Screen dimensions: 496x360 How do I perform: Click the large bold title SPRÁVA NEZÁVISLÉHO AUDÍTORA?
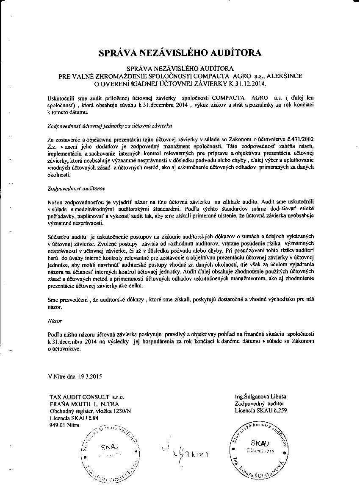click(180, 53)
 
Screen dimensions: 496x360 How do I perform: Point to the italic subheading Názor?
click(55, 321)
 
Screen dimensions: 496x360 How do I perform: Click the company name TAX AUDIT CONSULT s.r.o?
click(86, 397)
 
